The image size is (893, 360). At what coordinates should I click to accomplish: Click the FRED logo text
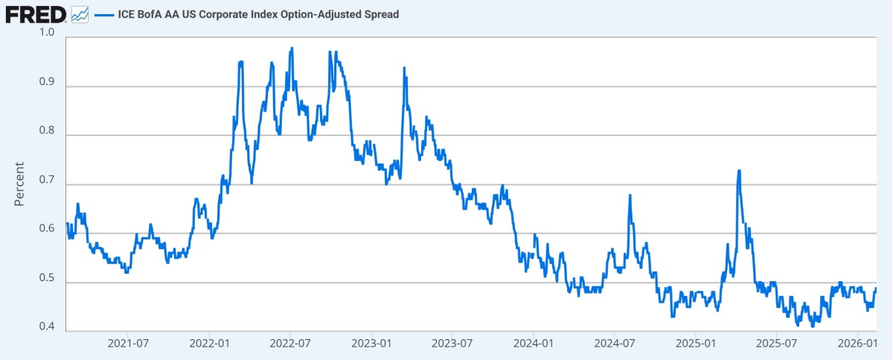point(34,13)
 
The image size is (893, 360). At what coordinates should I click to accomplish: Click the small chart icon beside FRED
point(80,14)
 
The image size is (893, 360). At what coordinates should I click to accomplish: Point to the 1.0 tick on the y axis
point(46,33)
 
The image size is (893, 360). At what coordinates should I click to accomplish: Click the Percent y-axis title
point(20,184)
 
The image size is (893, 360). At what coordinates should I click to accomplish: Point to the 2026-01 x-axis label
point(857,344)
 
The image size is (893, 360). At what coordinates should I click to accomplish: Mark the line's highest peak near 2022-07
point(292,48)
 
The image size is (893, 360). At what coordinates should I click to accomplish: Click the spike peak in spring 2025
point(739,171)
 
